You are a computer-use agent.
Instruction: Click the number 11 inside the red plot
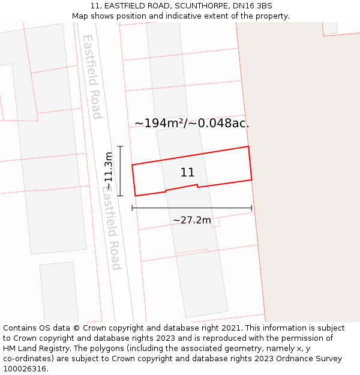tap(187, 173)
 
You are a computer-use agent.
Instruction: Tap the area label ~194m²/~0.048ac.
tap(191, 124)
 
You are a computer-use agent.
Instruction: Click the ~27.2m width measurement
tap(192, 220)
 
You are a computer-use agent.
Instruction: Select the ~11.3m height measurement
tap(109, 172)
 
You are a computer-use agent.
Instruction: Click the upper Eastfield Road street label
tap(92, 76)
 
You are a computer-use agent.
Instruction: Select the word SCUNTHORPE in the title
tap(197, 6)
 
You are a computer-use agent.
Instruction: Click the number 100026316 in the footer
tap(25, 369)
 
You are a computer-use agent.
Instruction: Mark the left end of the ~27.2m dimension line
tap(132, 208)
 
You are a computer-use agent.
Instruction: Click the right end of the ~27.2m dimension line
tap(252, 208)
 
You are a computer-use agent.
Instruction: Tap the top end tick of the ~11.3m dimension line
tap(120, 146)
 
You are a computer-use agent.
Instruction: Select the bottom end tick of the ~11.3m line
tap(120, 196)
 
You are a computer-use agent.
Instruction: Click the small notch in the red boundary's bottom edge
tap(197, 186)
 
